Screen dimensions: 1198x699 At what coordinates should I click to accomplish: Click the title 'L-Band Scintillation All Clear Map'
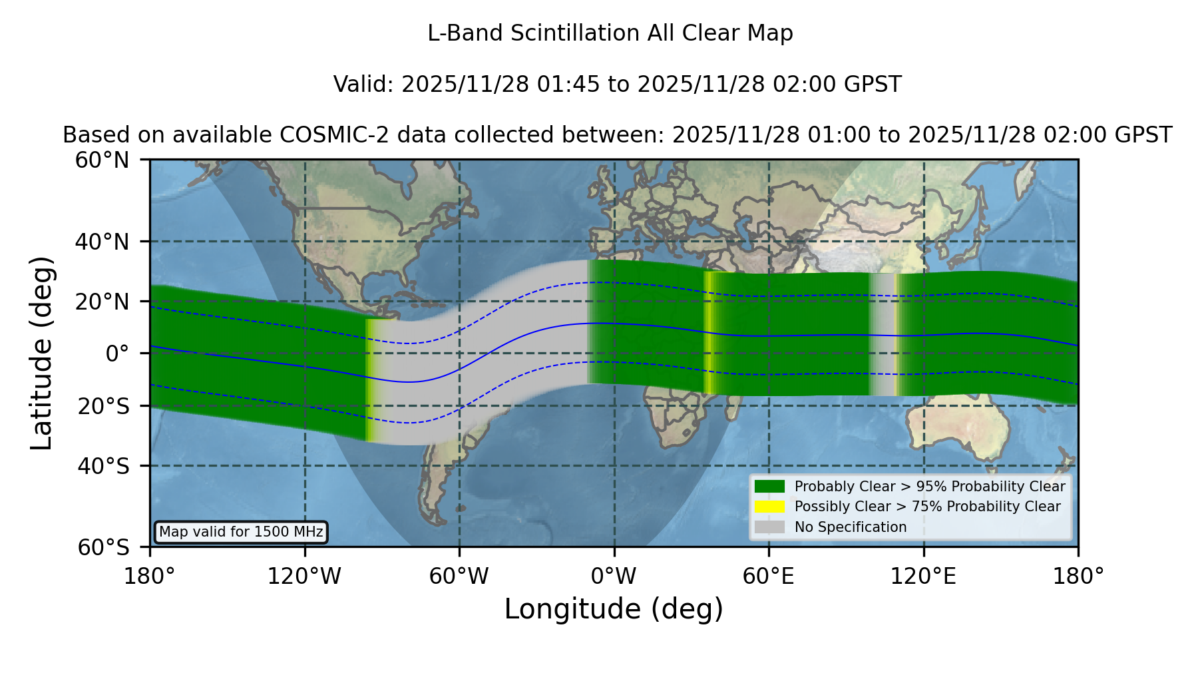coord(610,33)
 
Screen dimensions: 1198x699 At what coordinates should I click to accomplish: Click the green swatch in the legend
coord(769,487)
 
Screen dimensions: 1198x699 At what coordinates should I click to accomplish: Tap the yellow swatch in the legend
coord(769,507)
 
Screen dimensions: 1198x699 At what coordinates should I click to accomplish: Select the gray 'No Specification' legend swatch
coord(769,527)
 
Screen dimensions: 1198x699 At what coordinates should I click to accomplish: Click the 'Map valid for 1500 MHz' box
coord(241,532)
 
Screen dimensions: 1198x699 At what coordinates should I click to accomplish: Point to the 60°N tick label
coord(102,160)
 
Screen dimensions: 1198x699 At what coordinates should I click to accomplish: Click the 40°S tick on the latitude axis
coord(104,466)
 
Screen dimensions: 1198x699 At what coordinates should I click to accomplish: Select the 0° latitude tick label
coord(118,353)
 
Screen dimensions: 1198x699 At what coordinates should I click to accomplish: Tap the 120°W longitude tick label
coord(304,577)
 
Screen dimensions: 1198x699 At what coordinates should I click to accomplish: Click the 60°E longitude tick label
coord(769,577)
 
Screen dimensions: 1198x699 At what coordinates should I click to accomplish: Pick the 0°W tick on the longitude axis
coord(614,577)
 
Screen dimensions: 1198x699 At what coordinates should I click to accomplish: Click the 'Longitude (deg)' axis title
coord(614,609)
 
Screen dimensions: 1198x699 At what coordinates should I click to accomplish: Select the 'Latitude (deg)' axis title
coord(41,353)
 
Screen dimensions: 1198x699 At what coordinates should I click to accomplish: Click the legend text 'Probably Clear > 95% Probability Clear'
coord(930,487)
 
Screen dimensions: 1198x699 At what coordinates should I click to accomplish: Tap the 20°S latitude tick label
coord(104,406)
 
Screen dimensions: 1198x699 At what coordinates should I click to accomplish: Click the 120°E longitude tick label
coord(924,577)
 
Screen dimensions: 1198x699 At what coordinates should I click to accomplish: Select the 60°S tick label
coord(104,547)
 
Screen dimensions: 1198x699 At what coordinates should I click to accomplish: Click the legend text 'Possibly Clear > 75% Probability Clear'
coord(928,507)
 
